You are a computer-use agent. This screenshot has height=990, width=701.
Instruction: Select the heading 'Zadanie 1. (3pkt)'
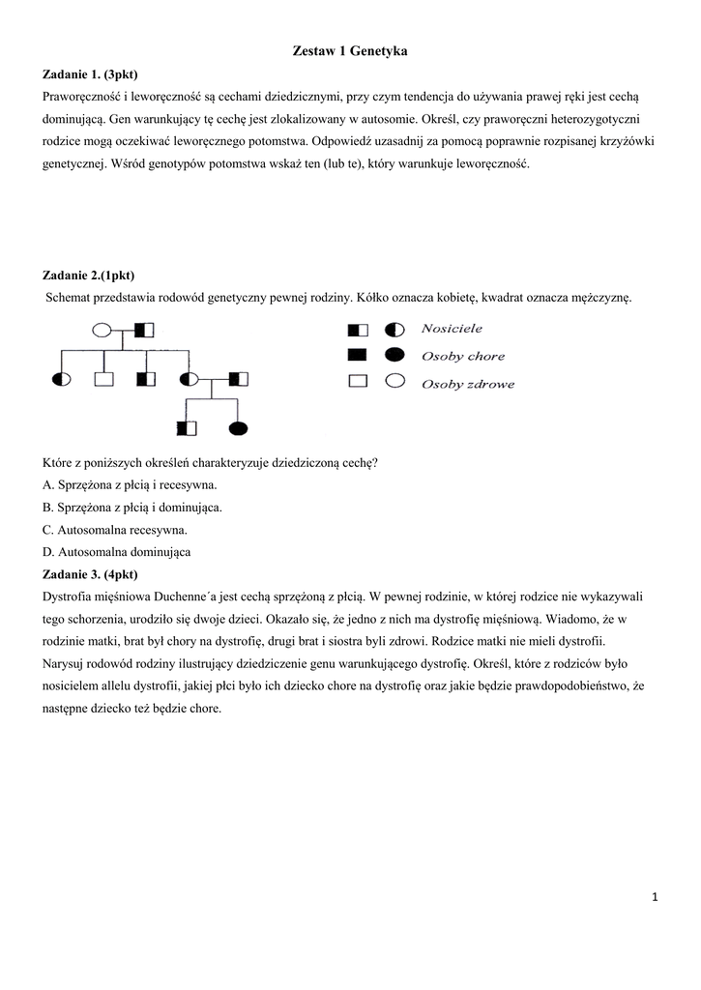(97, 74)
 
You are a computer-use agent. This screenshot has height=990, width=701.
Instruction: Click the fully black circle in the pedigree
(237, 426)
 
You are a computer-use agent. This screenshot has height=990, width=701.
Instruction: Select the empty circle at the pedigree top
(102, 331)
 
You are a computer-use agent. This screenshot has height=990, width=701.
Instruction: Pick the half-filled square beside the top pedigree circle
(145, 331)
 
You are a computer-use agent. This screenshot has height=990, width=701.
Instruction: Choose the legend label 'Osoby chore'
(463, 356)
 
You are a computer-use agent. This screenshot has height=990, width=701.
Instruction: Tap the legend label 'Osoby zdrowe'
(468, 383)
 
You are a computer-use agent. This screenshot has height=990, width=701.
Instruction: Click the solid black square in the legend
(358, 355)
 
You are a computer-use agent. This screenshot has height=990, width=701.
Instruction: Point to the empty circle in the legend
(394, 382)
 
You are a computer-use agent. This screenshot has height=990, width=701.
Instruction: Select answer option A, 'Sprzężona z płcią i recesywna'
(131, 484)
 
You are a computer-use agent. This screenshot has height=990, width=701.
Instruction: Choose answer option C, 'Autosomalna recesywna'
(115, 530)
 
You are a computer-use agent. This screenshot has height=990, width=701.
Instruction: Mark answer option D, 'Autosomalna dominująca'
(117, 552)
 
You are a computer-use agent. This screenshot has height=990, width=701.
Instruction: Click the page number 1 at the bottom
(655, 897)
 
